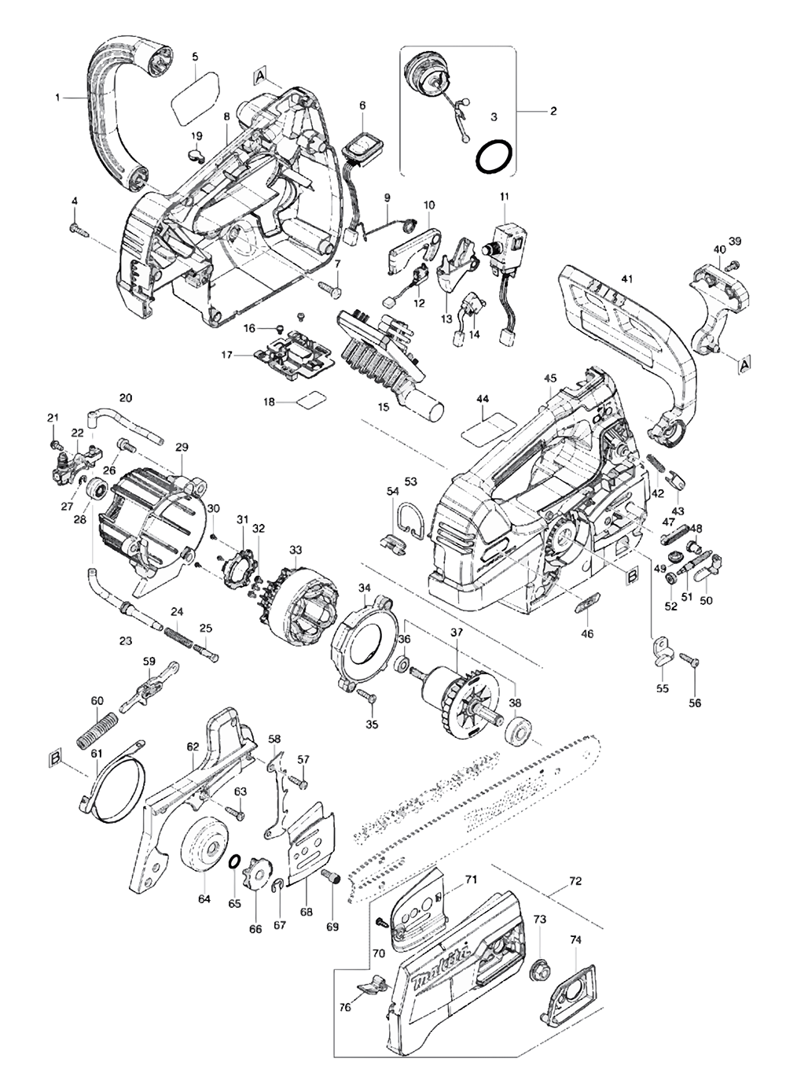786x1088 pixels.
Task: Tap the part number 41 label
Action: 626,278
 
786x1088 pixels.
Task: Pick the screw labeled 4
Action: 77,229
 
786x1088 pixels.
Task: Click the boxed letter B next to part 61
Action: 55,758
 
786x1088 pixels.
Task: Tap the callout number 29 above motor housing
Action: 182,447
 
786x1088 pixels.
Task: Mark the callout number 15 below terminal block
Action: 384,407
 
